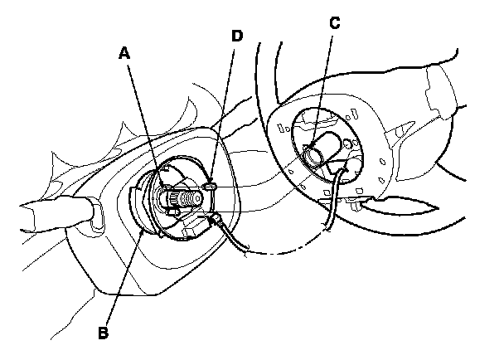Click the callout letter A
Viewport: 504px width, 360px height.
(x=124, y=53)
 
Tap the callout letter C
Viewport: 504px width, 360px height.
(x=334, y=23)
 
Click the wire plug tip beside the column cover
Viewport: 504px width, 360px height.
(x=216, y=219)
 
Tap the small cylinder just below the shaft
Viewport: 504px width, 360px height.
(x=173, y=214)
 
